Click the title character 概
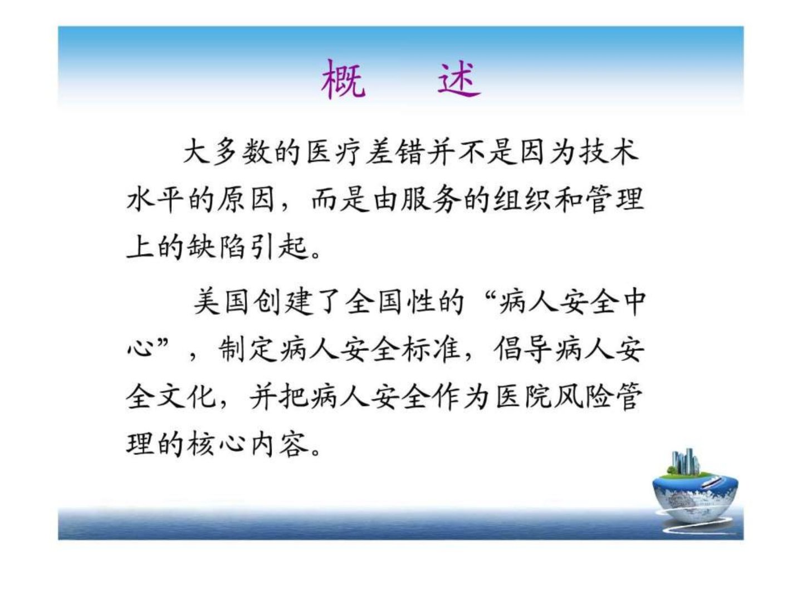coord(343,79)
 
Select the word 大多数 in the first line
coord(227,151)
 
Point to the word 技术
coord(609,151)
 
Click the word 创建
coord(283,302)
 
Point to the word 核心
coord(215,445)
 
